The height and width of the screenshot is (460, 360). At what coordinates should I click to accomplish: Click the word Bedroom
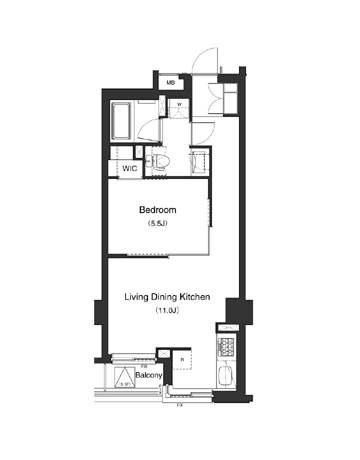tap(157, 210)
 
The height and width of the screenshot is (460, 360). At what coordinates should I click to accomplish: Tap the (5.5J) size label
tap(157, 226)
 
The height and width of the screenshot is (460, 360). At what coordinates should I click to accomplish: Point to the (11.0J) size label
tap(166, 313)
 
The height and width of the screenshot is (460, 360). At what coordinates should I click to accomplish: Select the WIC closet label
tap(130, 169)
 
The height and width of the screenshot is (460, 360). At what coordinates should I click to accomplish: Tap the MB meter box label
tap(171, 82)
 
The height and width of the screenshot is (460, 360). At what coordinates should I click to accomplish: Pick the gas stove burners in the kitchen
tap(227, 350)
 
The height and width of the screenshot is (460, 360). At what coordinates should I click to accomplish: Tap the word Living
tap(137, 297)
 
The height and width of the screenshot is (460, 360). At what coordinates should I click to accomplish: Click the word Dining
tap(163, 297)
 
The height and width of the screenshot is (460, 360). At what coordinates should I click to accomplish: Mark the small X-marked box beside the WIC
tap(116, 152)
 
